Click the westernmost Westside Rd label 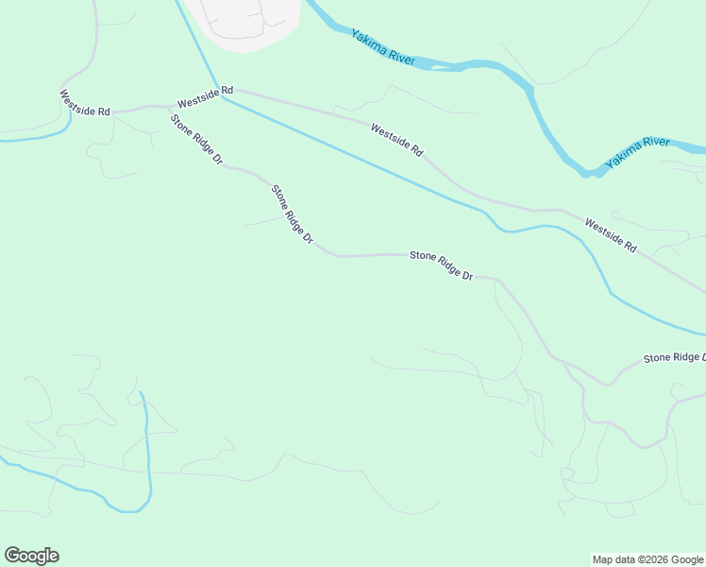(x=84, y=103)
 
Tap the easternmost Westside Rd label (x=611, y=236)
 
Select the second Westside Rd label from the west (x=204, y=96)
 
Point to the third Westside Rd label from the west (x=396, y=140)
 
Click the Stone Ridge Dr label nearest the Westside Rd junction (x=195, y=140)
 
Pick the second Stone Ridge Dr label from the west (x=292, y=215)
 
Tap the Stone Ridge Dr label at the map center (x=440, y=266)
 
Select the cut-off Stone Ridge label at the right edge (x=674, y=357)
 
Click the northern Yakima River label (x=382, y=47)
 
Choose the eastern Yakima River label (x=638, y=152)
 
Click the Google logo (x=31, y=556)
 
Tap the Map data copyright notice (x=647, y=559)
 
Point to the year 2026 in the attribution (x=658, y=559)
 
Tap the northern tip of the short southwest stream (x=141, y=393)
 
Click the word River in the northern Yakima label (x=399, y=58)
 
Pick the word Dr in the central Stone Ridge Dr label (x=465, y=275)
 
